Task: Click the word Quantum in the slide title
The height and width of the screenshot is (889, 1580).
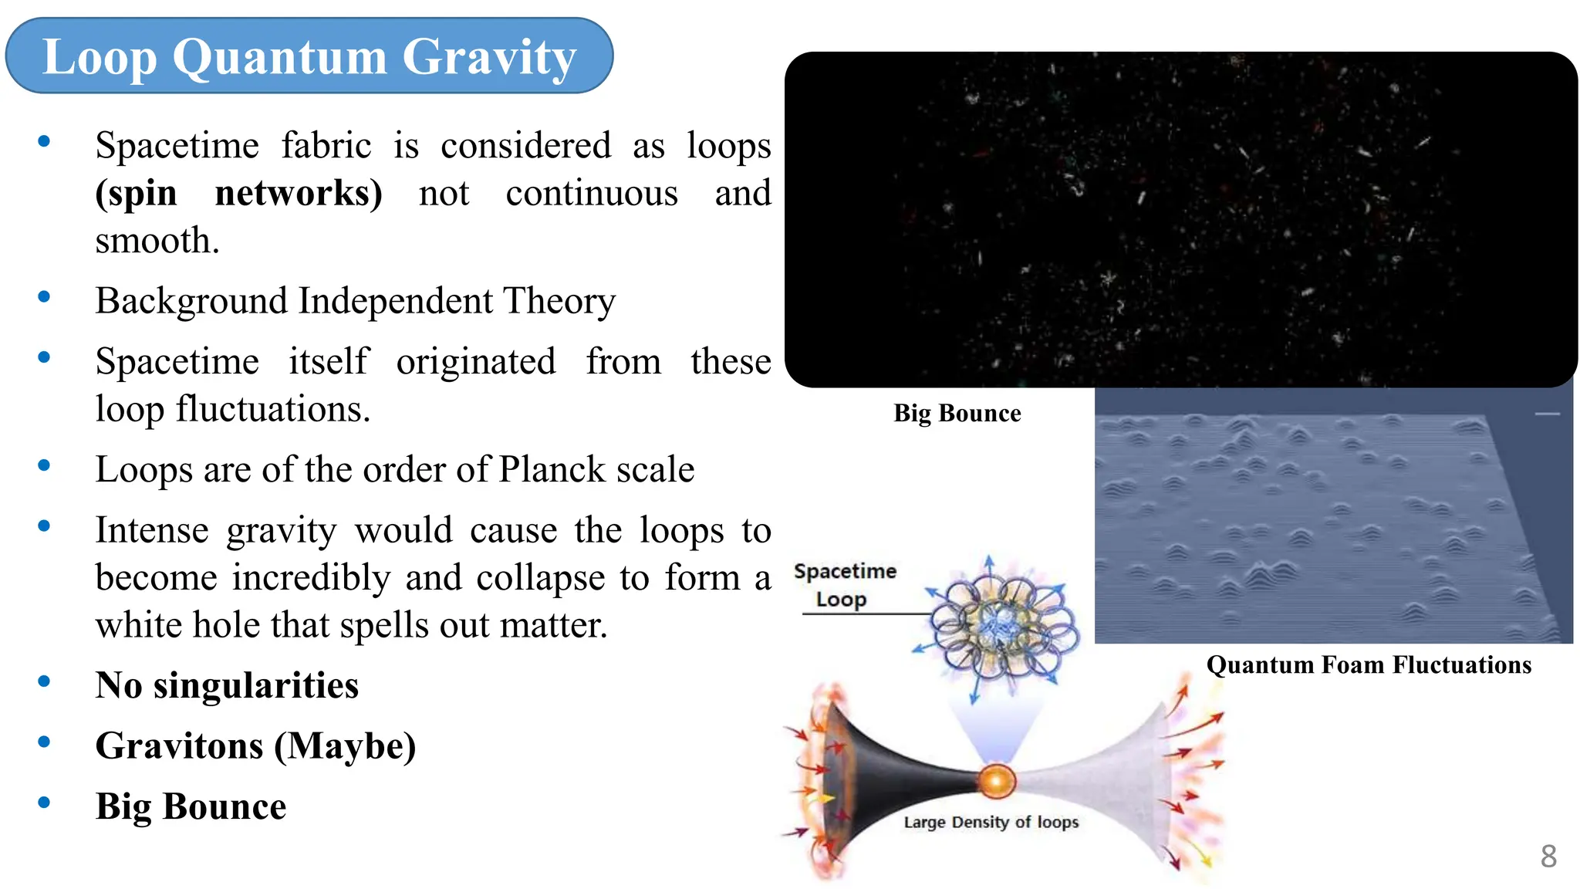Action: pyautogui.click(x=279, y=57)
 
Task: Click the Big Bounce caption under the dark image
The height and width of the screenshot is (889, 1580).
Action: pyautogui.click(x=957, y=414)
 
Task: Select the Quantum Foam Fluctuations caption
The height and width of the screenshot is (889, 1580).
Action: pyautogui.click(x=1369, y=665)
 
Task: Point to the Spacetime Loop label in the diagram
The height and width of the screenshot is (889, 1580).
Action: pyautogui.click(x=844, y=585)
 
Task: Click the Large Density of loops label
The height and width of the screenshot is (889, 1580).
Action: pyautogui.click(x=991, y=822)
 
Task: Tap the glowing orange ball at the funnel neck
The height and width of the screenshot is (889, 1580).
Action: pyautogui.click(x=996, y=781)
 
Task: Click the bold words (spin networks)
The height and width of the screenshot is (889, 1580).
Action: pyautogui.click(x=238, y=194)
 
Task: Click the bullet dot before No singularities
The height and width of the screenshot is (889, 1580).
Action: pyautogui.click(x=44, y=681)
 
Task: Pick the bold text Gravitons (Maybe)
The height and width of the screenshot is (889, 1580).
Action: pyautogui.click(x=255, y=746)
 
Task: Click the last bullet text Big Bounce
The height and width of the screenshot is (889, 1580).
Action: pyautogui.click(x=191, y=807)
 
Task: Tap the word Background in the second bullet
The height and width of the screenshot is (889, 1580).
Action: pyautogui.click(x=191, y=301)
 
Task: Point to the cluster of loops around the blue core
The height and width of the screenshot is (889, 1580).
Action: pyautogui.click(x=1003, y=625)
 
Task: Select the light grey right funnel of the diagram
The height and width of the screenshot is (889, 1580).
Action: pyautogui.click(x=1111, y=779)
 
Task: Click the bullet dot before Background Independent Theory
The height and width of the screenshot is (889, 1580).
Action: pyautogui.click(x=44, y=297)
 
